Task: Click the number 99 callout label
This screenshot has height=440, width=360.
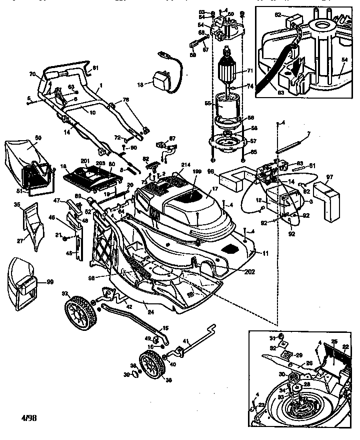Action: coord(50,282)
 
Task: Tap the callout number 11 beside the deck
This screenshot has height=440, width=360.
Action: coord(265,254)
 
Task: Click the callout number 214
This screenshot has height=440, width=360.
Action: coord(172,165)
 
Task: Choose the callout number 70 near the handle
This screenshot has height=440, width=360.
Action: coord(33,74)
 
